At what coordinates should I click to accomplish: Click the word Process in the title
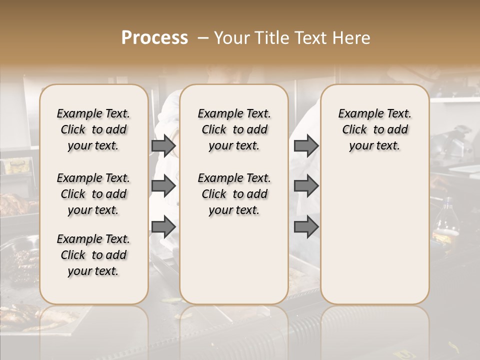click(154, 38)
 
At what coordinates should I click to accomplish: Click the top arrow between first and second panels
click(163, 146)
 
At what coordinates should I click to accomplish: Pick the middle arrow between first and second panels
click(163, 186)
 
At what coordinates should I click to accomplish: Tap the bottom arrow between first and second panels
click(163, 227)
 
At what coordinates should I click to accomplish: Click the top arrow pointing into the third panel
click(306, 146)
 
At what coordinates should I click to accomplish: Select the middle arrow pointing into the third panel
click(306, 186)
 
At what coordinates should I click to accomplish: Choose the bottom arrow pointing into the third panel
click(306, 227)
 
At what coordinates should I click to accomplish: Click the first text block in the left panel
click(93, 129)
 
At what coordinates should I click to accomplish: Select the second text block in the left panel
click(93, 194)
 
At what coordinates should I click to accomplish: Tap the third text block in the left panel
click(93, 255)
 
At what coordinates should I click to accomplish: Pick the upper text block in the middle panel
click(234, 129)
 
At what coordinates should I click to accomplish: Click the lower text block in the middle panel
click(234, 194)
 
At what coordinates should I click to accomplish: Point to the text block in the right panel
click(374, 129)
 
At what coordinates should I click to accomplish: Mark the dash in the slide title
click(203, 38)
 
